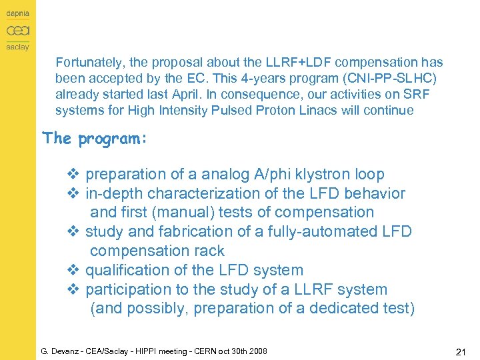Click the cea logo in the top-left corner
pyautogui.click(x=17, y=31)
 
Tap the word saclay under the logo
pyautogui.click(x=17, y=47)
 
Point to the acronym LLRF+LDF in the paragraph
pyautogui.click(x=289, y=63)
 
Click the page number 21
pyautogui.click(x=460, y=351)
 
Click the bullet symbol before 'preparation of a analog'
pyautogui.click(x=73, y=175)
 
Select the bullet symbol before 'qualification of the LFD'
pyautogui.click(x=73, y=271)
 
